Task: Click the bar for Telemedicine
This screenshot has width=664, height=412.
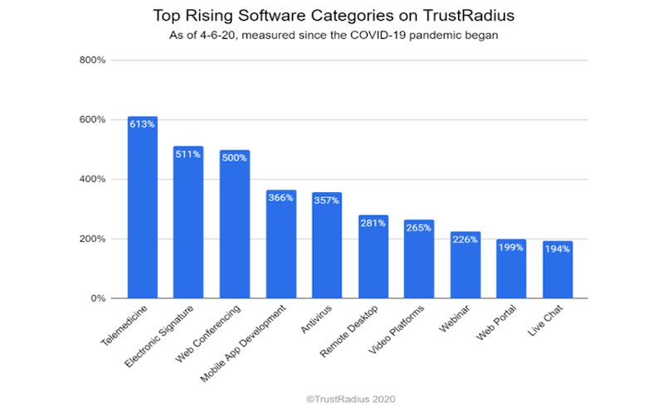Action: (x=143, y=207)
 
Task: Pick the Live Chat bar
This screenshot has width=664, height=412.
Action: (x=558, y=269)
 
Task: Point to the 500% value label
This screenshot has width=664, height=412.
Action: (x=235, y=158)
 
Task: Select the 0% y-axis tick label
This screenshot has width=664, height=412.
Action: (x=99, y=298)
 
